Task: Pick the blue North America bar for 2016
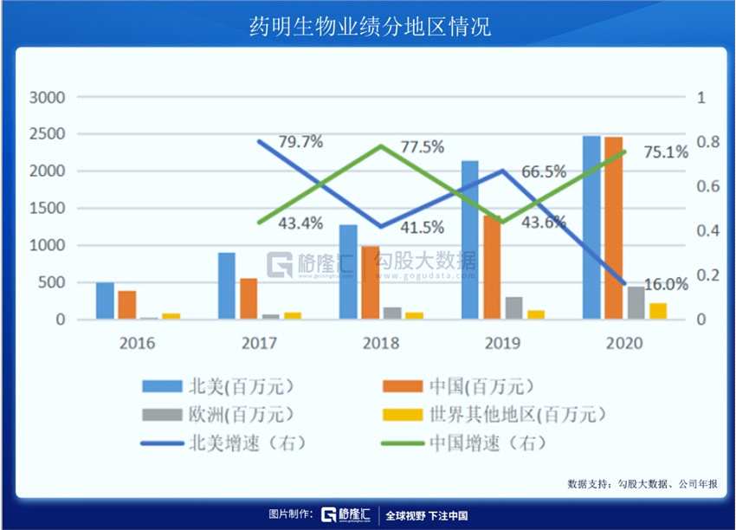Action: (x=105, y=301)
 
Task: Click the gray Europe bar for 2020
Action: (x=636, y=303)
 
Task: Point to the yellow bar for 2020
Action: (x=658, y=311)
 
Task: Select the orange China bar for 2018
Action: (x=371, y=282)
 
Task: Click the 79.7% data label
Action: (x=300, y=142)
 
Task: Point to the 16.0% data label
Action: (x=666, y=283)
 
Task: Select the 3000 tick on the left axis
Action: (x=48, y=98)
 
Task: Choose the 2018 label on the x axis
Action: (x=381, y=343)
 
